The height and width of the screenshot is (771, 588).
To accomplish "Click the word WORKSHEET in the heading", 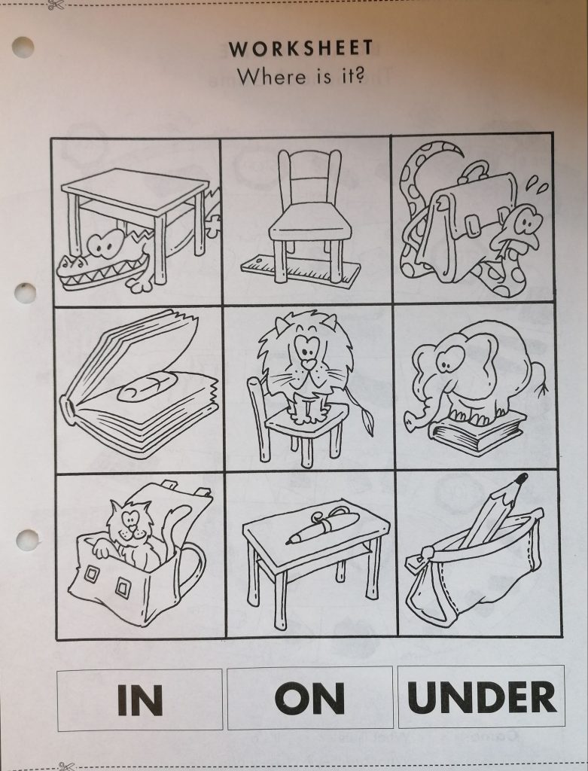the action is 300,49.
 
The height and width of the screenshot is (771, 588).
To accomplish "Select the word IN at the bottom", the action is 140,699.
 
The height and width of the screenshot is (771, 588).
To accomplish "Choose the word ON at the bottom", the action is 309,698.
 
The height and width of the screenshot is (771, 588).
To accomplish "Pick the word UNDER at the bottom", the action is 481,697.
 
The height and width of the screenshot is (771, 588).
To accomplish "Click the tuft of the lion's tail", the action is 367,421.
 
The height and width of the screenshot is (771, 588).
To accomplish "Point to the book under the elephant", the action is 477,433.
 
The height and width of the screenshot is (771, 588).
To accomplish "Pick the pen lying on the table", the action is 324,525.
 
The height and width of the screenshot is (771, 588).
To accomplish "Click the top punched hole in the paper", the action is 23,47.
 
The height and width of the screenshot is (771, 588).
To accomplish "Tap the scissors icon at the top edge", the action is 56,5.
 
